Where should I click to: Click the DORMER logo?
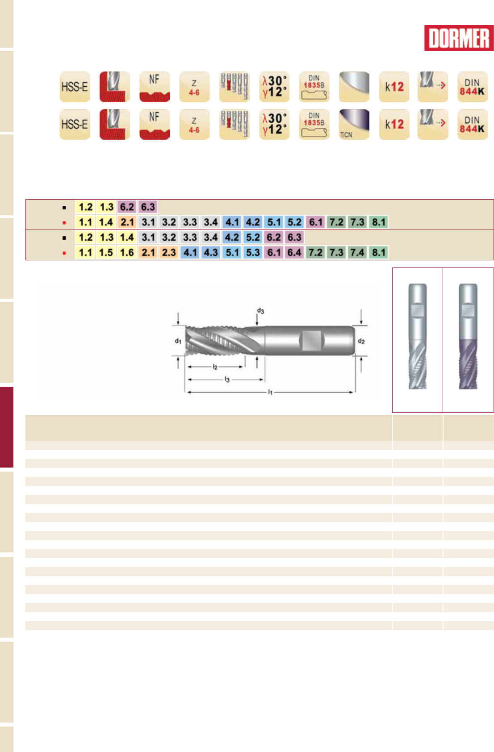[459, 38]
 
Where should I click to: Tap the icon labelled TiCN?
[354, 124]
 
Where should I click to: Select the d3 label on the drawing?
[260, 311]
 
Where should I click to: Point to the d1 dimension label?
[178, 341]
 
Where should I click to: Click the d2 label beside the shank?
[361, 341]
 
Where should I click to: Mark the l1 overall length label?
[270, 392]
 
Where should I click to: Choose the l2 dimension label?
[215, 367]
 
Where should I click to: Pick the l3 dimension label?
[227, 380]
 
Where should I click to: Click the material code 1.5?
[106, 252]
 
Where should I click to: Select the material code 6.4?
[294, 252]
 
